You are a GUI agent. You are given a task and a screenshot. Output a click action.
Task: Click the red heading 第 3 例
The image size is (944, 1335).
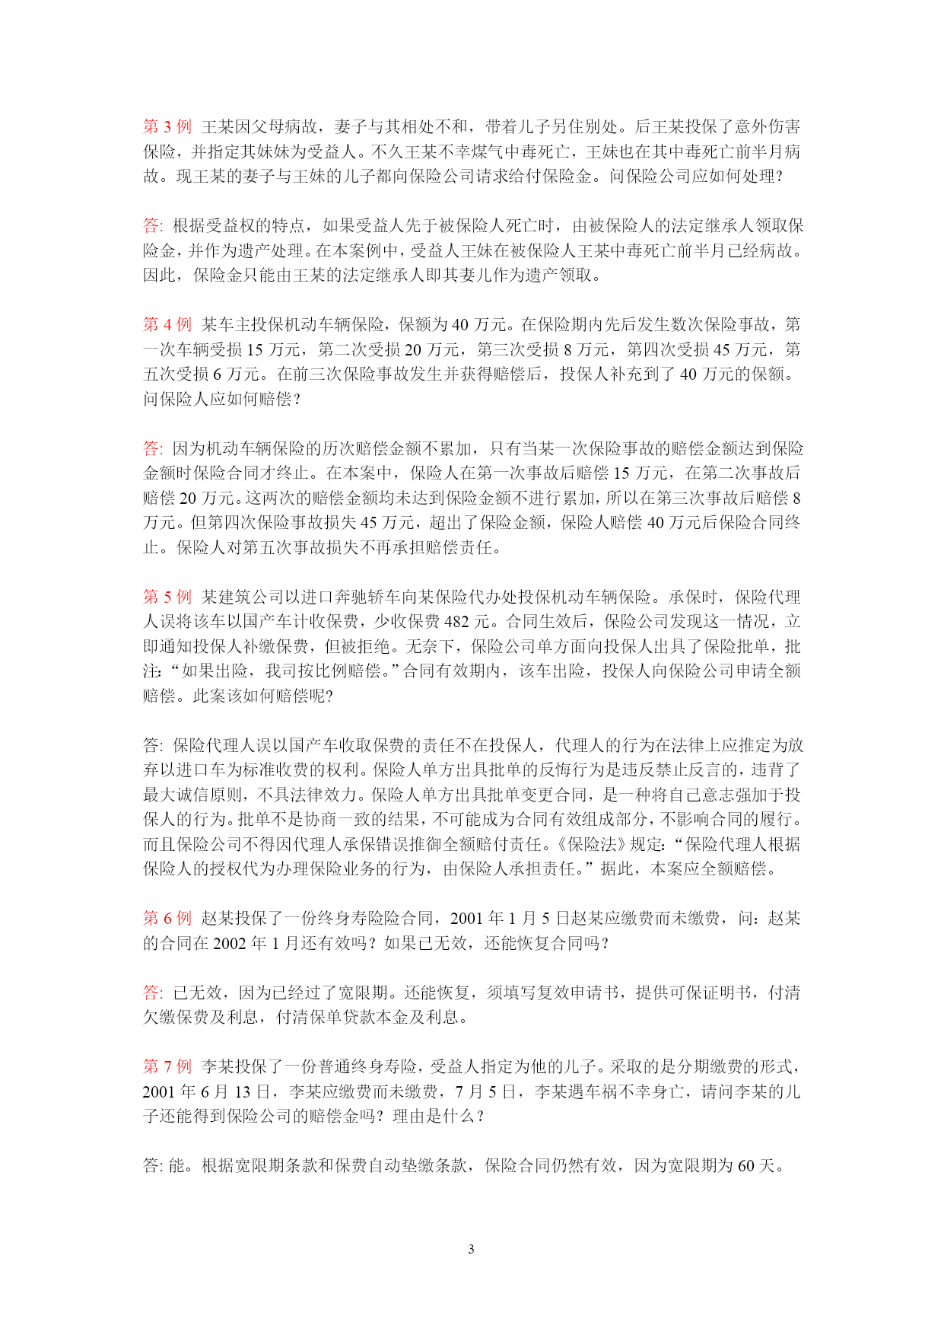tap(167, 126)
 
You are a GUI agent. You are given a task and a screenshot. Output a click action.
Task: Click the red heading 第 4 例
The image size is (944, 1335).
tap(167, 324)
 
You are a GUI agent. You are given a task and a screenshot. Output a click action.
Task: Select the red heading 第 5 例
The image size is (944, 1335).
tap(167, 597)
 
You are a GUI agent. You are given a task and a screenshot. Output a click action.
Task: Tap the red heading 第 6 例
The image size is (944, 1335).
tap(167, 919)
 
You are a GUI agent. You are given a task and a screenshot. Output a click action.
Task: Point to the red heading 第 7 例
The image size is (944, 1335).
tap(167, 1067)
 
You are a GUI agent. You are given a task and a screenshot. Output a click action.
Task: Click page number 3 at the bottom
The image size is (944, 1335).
tap(471, 1249)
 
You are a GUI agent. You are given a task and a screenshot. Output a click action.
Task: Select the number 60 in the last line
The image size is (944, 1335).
tap(746, 1166)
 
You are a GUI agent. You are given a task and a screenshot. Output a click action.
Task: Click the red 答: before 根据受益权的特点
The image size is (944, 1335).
tap(153, 225)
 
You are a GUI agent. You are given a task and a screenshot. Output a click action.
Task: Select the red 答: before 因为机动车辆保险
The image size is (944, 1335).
tap(153, 448)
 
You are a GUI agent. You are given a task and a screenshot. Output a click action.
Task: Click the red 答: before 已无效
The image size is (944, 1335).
tap(153, 993)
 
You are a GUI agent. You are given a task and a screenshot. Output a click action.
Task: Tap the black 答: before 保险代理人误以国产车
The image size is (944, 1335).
tap(153, 745)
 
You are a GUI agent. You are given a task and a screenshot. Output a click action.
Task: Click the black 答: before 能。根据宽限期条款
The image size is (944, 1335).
tap(153, 1166)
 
